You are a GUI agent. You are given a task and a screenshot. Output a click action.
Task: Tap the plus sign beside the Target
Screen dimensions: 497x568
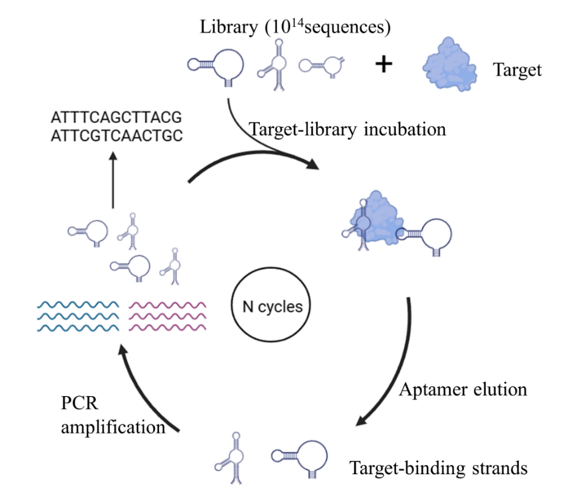(x=383, y=65)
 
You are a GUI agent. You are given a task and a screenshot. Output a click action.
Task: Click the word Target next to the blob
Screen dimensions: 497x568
(x=517, y=70)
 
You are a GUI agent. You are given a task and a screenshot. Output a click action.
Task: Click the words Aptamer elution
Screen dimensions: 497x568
(x=463, y=389)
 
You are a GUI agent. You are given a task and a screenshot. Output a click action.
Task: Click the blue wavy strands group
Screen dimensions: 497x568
(x=78, y=316)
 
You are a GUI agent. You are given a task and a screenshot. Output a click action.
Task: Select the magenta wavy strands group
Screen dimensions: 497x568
(x=168, y=316)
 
